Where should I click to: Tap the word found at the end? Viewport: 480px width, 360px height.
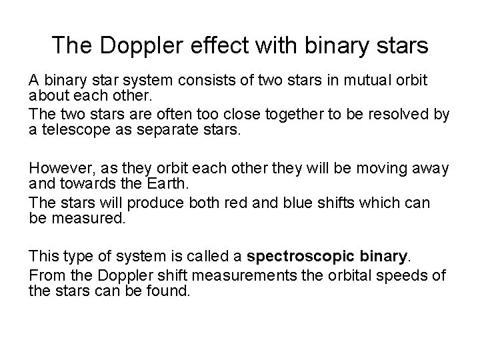coord(171,290)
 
